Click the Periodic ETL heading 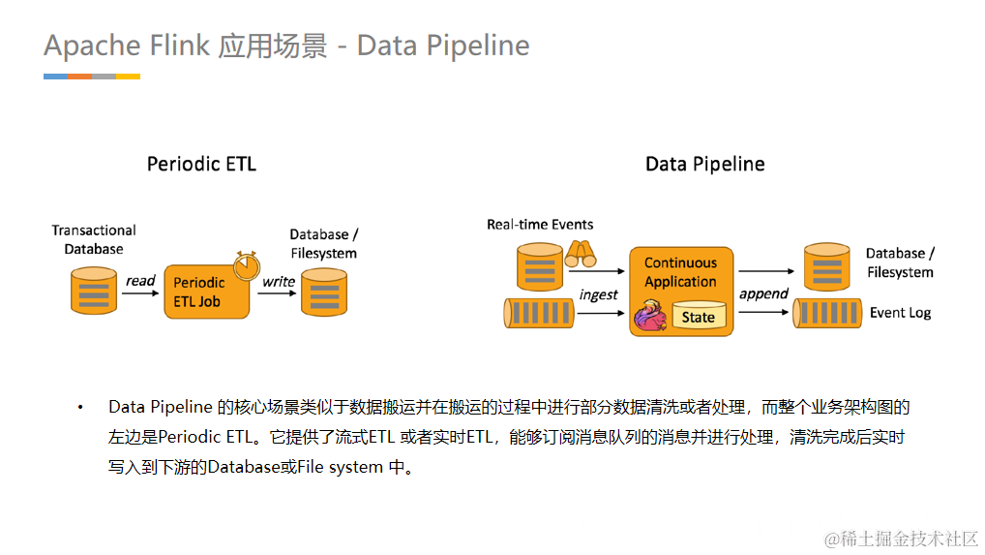tap(201, 164)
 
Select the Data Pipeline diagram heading tap(704, 164)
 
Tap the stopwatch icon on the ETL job tap(247, 262)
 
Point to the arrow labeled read tap(140, 293)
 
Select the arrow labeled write tap(279, 293)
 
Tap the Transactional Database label tap(94, 239)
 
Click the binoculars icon tap(581, 254)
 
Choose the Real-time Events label tap(540, 225)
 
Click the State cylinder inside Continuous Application tap(698, 316)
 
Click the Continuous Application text tap(680, 272)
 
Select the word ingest tap(598, 294)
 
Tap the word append tap(763, 293)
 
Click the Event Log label tap(900, 313)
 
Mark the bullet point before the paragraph tap(81, 408)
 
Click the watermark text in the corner tap(902, 538)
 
